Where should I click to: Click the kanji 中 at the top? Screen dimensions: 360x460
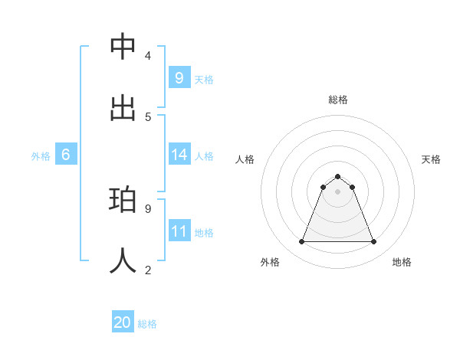pyautogui.click(x=123, y=46)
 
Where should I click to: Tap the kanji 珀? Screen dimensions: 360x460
pyautogui.click(x=123, y=200)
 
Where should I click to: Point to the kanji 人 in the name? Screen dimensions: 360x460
pyautogui.click(x=123, y=260)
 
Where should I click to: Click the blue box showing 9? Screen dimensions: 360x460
pyautogui.click(x=179, y=77)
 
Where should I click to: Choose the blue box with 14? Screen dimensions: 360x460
pyautogui.click(x=179, y=155)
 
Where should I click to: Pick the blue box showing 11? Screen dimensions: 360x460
pyautogui.click(x=179, y=231)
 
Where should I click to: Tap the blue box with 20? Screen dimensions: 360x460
pyautogui.click(x=123, y=322)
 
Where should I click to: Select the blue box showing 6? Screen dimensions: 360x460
pyautogui.click(x=65, y=155)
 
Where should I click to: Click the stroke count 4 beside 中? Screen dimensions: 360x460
pyautogui.click(x=147, y=56)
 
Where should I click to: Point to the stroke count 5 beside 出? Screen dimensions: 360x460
pyautogui.click(x=147, y=116)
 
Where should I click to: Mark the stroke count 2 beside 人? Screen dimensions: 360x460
pyautogui.click(x=147, y=270)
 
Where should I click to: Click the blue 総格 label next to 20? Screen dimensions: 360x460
pyautogui.click(x=147, y=324)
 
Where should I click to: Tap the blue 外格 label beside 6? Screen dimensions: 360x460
pyautogui.click(x=41, y=155)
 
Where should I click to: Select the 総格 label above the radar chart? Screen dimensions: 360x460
pyautogui.click(x=337, y=100)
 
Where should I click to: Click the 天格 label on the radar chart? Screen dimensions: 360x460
pyautogui.click(x=431, y=159)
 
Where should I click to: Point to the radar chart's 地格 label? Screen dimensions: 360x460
pyautogui.click(x=402, y=262)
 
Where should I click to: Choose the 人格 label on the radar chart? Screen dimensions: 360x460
pyautogui.click(x=245, y=159)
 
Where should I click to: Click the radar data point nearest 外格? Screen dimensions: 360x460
pyautogui.click(x=301, y=242)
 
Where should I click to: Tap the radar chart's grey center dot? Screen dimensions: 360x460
pyautogui.click(x=337, y=191)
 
